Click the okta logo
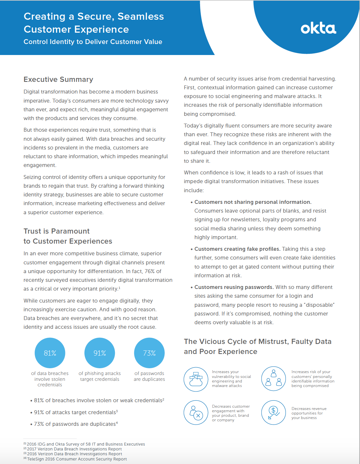tap(318, 28)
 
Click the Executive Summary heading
tap(58, 80)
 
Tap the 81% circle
tap(50, 353)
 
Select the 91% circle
tap(100, 353)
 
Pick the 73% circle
tap(149, 353)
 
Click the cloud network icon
tap(196, 379)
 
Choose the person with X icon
tap(196, 413)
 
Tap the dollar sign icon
tap(274, 413)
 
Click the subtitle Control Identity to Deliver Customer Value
tap(93, 42)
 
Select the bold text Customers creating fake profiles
tap(237, 249)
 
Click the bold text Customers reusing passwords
tap(234, 287)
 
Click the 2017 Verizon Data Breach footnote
tap(74, 449)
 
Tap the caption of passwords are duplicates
tap(149, 376)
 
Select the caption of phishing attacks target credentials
tap(100, 376)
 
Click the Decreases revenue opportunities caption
tap(309, 413)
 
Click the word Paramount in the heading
tap(70, 231)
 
